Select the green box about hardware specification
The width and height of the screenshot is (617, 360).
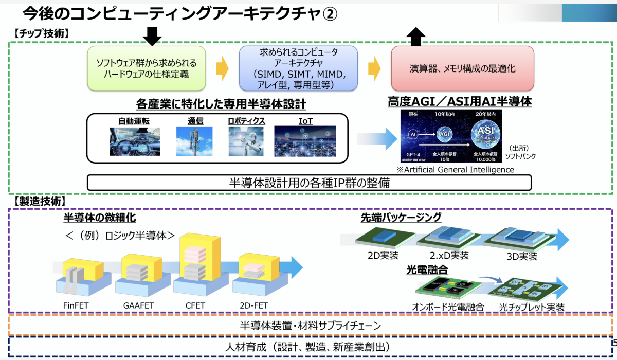(x=147, y=69)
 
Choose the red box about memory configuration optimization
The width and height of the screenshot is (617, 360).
(x=463, y=68)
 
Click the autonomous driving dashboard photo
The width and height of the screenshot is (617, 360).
(x=135, y=141)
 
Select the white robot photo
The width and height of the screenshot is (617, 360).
(x=246, y=141)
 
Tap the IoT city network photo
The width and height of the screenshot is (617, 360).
(x=305, y=141)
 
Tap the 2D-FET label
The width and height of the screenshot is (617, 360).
(x=253, y=305)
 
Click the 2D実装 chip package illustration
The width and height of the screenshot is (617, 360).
(x=379, y=239)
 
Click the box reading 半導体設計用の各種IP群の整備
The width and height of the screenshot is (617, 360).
(x=309, y=183)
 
